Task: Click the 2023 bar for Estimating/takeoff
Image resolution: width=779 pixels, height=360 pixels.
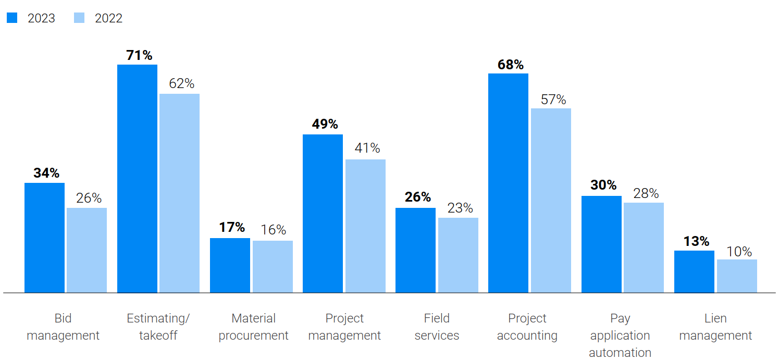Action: pyautogui.click(x=137, y=178)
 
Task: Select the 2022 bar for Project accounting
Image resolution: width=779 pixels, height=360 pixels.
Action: pyautogui.click(x=551, y=200)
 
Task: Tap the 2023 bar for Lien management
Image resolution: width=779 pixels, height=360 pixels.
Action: pyautogui.click(x=694, y=271)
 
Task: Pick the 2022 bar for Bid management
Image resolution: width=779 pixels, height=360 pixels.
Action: pyautogui.click(x=86, y=250)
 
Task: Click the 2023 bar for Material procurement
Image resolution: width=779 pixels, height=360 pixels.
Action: pyautogui.click(x=230, y=265)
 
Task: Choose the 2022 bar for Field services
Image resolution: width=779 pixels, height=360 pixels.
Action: pyautogui.click(x=458, y=255)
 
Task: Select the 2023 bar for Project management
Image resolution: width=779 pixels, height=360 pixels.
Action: pyautogui.click(x=323, y=213)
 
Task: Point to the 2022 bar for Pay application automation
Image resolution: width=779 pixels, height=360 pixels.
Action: pyautogui.click(x=644, y=247)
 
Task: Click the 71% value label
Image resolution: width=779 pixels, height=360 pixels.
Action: pyautogui.click(x=139, y=55)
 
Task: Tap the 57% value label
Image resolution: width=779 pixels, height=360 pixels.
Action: pyautogui.click(x=553, y=100)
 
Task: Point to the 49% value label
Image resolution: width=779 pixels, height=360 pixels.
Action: pyautogui.click(x=325, y=125)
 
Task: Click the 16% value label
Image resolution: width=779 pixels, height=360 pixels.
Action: pyautogui.click(x=274, y=230)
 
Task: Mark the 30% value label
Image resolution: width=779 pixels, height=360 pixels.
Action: pyautogui.click(x=603, y=185)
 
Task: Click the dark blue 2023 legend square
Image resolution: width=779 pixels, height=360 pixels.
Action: pyautogui.click(x=12, y=18)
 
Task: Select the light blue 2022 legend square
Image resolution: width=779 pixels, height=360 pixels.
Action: pyautogui.click(x=79, y=18)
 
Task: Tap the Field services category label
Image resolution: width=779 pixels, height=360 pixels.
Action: pyautogui.click(x=437, y=327)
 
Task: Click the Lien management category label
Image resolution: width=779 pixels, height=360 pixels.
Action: pyautogui.click(x=715, y=327)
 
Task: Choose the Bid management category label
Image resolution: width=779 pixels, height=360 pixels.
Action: pyautogui.click(x=63, y=327)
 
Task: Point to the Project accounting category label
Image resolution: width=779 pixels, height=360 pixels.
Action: pyautogui.click(x=527, y=327)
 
